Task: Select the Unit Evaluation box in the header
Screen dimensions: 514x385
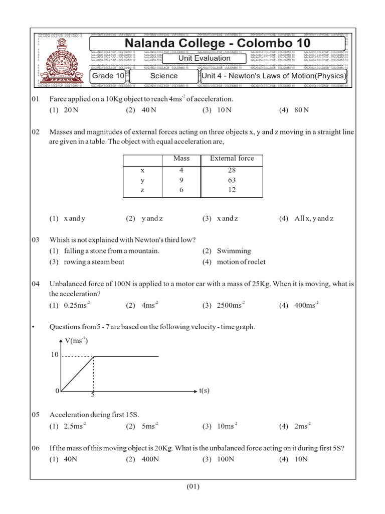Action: point(205,58)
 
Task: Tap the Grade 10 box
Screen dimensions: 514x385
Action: point(107,76)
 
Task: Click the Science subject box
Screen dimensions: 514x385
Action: point(164,76)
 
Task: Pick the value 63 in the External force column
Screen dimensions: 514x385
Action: point(232,180)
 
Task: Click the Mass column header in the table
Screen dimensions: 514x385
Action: point(181,158)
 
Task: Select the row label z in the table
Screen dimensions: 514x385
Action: point(143,190)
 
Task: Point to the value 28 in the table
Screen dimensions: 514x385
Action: point(232,171)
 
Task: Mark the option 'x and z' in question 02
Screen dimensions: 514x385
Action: point(227,218)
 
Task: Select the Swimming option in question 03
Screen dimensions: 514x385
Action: point(234,251)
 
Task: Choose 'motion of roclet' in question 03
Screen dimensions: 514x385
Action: point(241,262)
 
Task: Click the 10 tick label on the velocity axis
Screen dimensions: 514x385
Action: point(55,355)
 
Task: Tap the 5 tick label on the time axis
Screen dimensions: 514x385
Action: point(93,395)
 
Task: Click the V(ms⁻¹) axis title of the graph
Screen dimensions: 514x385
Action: point(76,341)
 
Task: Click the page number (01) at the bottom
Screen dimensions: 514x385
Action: point(193,486)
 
